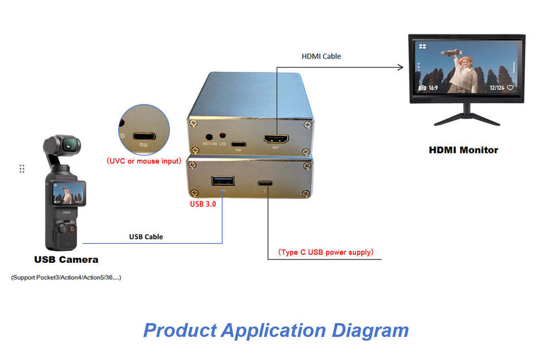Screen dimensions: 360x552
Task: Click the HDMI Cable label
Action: coord(321,56)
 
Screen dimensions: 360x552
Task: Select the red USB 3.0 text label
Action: coord(203,204)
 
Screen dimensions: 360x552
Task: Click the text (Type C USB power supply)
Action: coord(326,252)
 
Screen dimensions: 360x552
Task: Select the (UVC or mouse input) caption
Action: coord(144,161)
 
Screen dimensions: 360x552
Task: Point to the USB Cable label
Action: coord(145,236)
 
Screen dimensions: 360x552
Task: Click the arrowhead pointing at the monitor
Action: coord(400,67)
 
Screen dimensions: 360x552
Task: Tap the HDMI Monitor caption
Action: coord(463,150)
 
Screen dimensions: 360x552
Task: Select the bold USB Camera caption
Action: coord(66,259)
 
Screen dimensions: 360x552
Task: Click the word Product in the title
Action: coord(179,330)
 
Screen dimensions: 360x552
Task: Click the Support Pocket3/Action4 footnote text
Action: coord(66,278)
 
